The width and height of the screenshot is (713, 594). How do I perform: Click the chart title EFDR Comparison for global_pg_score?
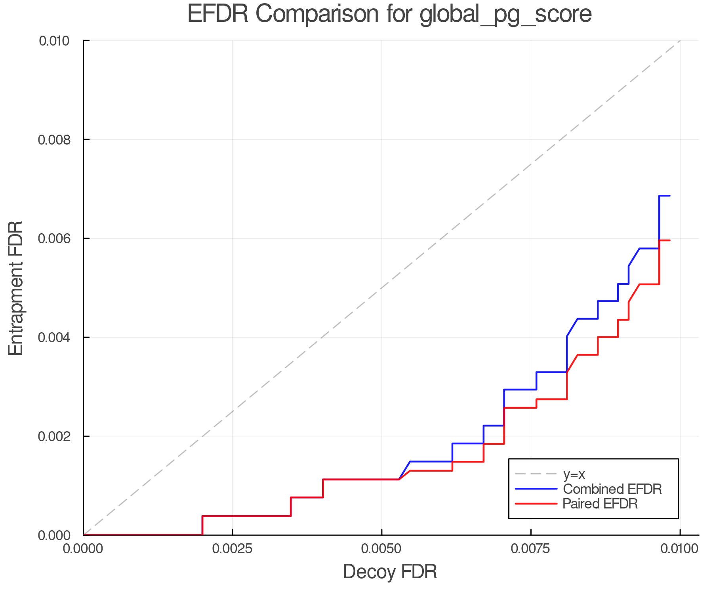coord(389,14)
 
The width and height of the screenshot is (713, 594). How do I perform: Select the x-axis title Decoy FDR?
coord(390,572)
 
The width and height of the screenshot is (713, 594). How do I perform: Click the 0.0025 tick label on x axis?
coord(233,549)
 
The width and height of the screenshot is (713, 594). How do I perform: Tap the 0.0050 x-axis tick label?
coord(381,549)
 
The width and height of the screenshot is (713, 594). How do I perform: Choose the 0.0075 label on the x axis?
coord(531,549)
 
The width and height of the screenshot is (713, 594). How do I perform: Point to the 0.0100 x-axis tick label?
coord(680,549)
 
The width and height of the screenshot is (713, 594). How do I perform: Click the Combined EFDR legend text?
coord(612,489)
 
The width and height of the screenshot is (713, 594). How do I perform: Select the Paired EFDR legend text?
coord(600,504)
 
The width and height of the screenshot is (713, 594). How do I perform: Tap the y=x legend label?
coord(574,474)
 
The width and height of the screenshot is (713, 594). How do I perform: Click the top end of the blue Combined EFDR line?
coord(669,196)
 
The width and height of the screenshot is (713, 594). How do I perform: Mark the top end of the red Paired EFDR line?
coord(669,240)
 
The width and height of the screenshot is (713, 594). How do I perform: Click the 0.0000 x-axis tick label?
coord(83,549)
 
